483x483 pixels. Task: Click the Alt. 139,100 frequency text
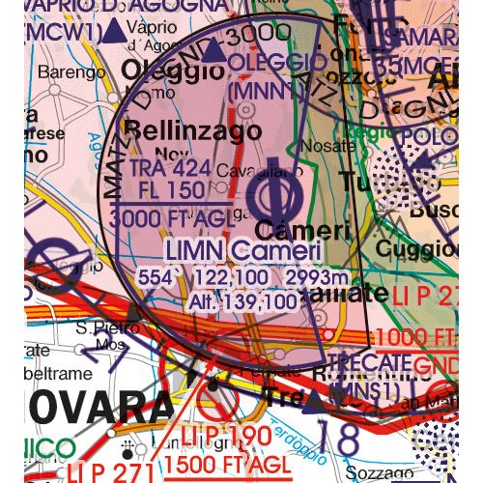[x=232, y=301]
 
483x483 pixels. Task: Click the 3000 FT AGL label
[x=172, y=219]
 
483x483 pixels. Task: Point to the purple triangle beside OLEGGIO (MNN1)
[x=215, y=63]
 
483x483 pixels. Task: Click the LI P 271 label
[x=111, y=472]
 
